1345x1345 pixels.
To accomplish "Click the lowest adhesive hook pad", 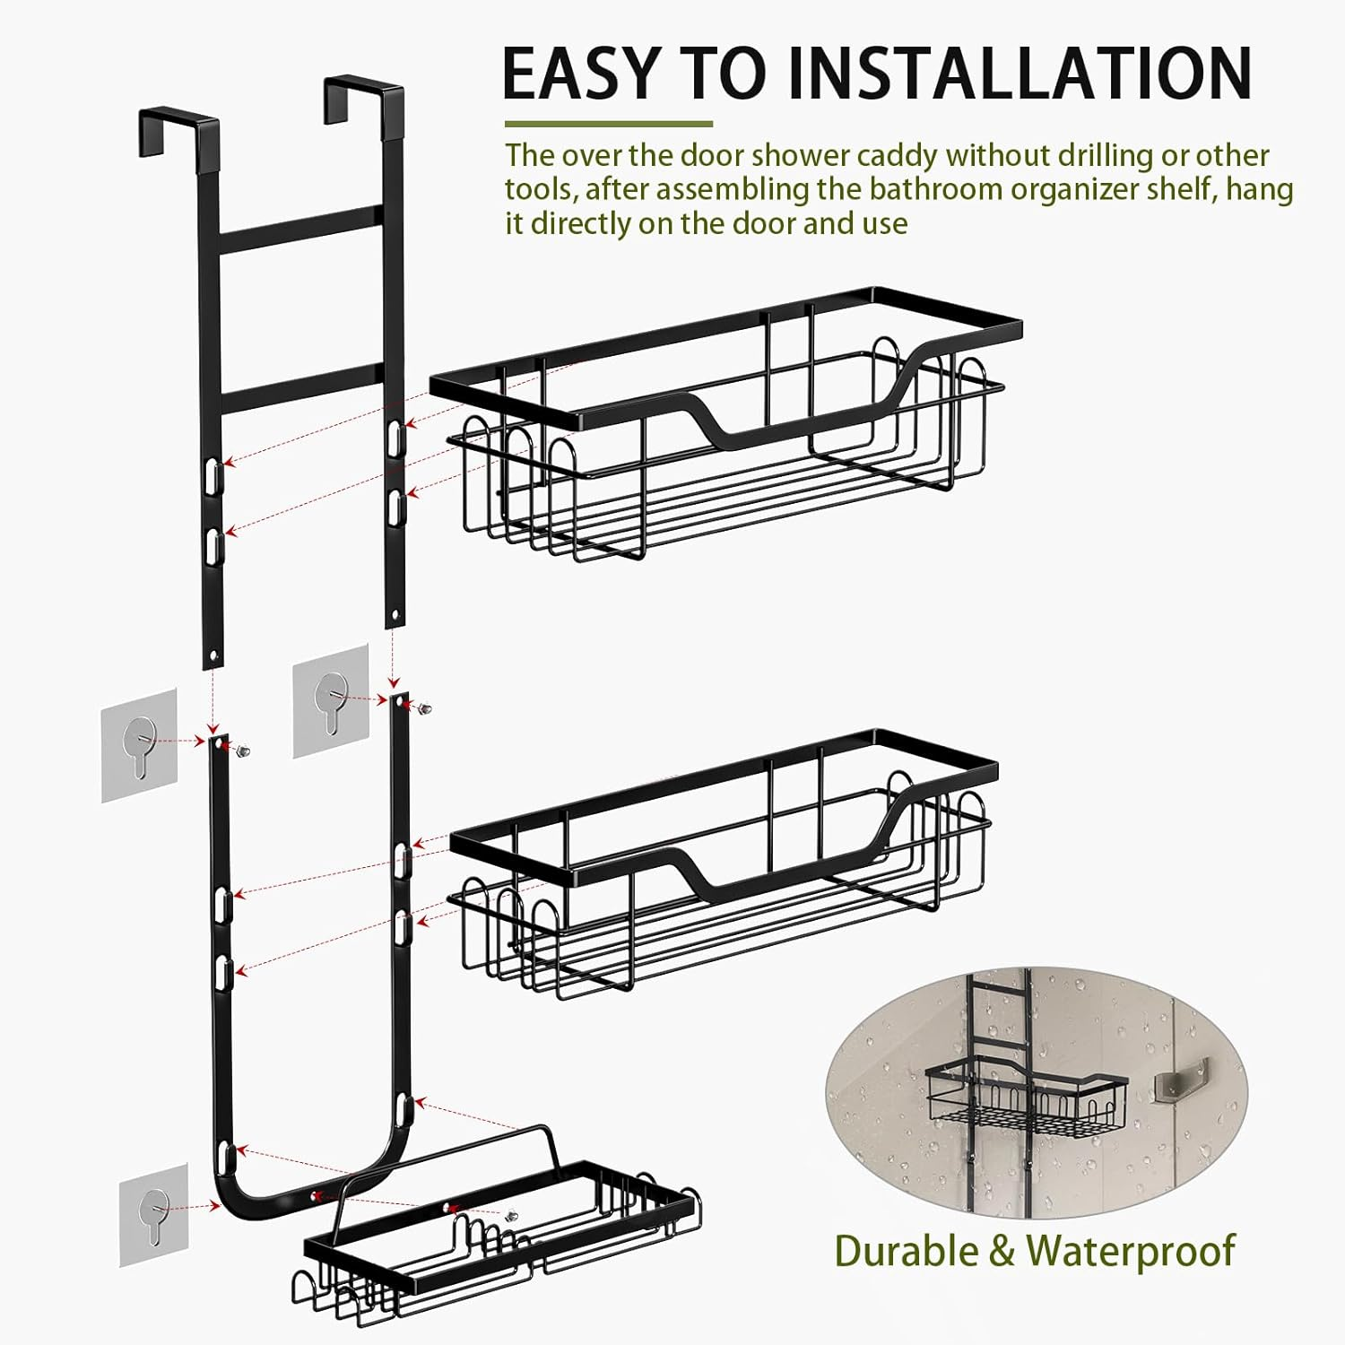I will (153, 1214).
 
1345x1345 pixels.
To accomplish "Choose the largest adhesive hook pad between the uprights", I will (330, 699).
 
